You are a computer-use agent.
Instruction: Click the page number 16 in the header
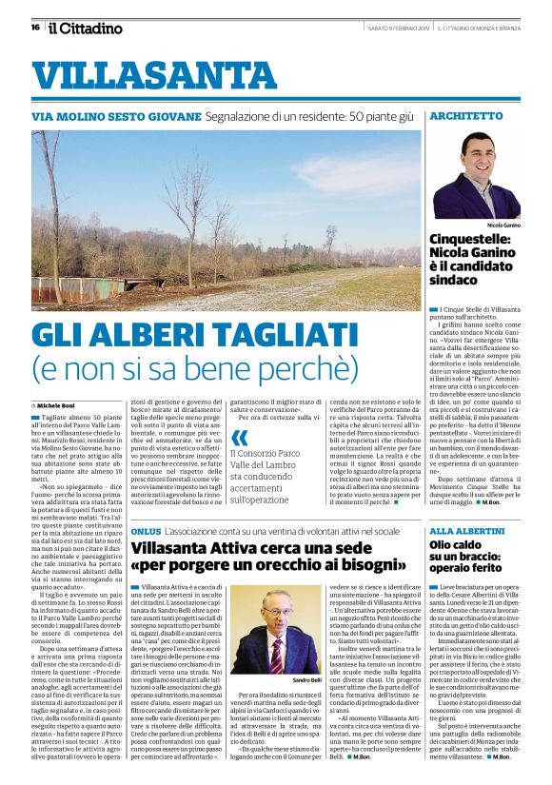(35, 28)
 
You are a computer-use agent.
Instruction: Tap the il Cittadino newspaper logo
(85, 28)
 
